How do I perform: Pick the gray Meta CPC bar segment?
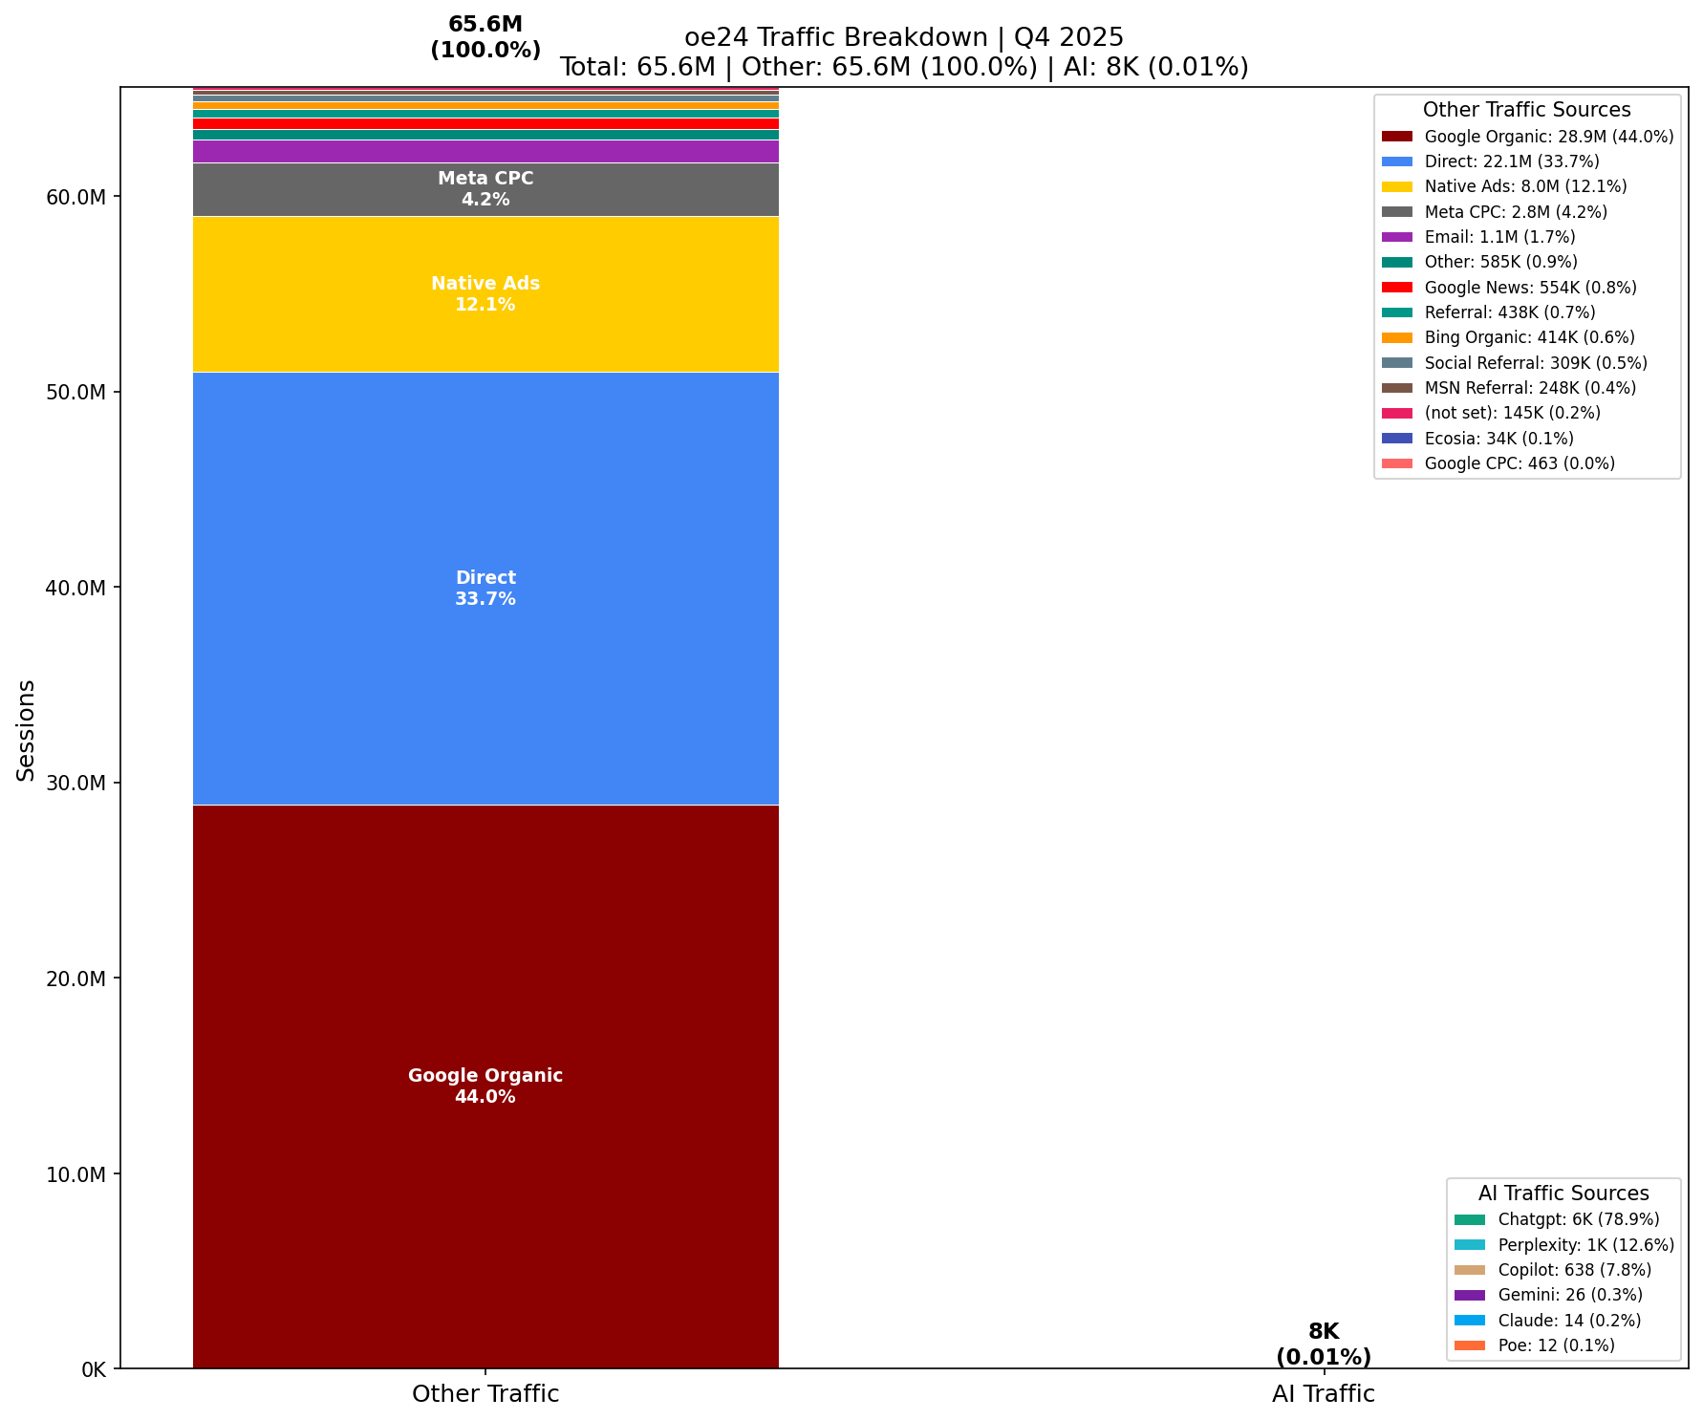(x=485, y=189)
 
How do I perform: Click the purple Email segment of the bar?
(x=485, y=151)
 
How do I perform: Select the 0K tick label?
(x=94, y=1369)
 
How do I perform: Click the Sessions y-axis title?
(x=27, y=730)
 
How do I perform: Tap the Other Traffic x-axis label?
(x=485, y=1394)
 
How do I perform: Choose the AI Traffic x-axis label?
(x=1323, y=1394)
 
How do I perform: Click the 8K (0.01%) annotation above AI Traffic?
(x=1323, y=1344)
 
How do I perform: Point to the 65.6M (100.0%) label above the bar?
(x=485, y=37)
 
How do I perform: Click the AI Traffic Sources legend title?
(x=1563, y=1194)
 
